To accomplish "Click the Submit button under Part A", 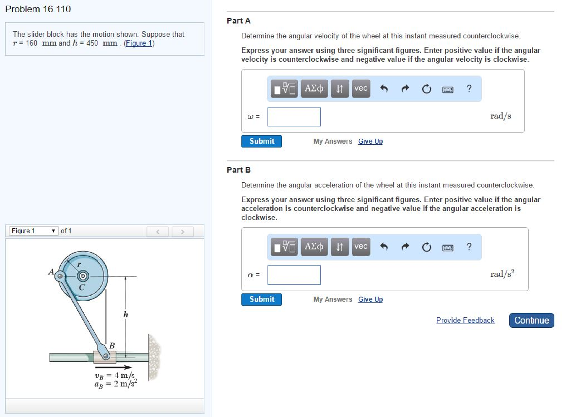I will [261, 141].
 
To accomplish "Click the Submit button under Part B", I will [261, 299].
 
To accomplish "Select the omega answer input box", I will [294, 117].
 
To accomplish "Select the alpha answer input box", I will [294, 275].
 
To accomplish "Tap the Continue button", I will [531, 320].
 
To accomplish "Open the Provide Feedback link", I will [465, 320].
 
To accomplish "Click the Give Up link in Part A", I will [370, 141].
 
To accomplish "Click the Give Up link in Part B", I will [370, 299].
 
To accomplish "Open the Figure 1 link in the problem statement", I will [139, 43].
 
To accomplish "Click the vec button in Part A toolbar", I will [361, 88].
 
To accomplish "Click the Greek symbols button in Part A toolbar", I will [314, 88].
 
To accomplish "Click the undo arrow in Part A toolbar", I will [384, 88].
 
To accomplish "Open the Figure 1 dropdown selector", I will [34, 231].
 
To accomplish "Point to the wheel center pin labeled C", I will [83, 276].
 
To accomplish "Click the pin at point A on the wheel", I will [60, 276].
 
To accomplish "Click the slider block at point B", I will [105, 357].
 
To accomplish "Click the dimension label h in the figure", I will [126, 315].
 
